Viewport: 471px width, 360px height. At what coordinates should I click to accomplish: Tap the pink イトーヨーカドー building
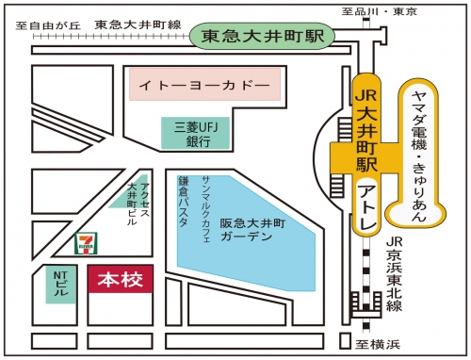[x=204, y=87]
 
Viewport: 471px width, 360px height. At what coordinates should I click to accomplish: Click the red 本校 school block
[x=121, y=281]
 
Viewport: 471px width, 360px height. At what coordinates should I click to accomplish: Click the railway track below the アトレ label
[x=365, y=283]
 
